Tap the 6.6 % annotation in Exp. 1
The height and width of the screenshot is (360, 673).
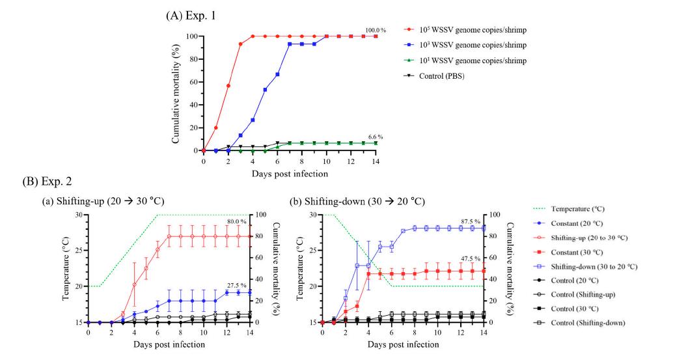[376, 137]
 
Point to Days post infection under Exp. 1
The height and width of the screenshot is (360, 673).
[290, 174]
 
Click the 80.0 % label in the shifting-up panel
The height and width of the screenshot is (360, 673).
[236, 222]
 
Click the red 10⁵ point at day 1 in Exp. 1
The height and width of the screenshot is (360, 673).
[216, 128]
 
